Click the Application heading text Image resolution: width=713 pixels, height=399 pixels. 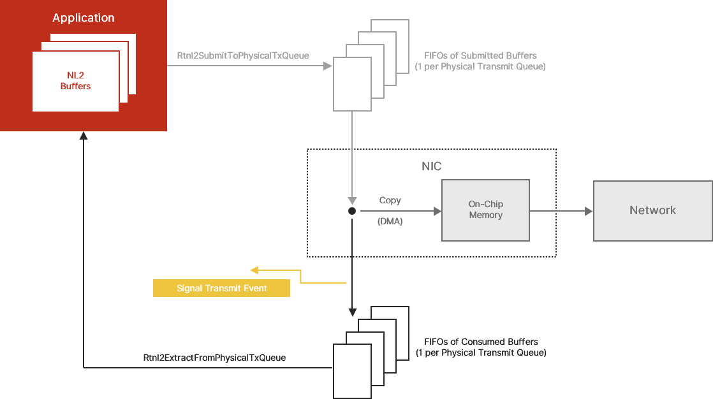84,18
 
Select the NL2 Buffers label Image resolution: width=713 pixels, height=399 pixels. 75,81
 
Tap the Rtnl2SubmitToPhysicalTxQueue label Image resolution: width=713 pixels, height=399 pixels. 243,55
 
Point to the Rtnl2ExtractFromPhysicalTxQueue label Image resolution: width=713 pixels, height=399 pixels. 214,358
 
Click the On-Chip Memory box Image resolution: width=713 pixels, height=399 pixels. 485,210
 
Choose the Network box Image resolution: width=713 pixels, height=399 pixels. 652,210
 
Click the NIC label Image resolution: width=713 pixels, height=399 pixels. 431,166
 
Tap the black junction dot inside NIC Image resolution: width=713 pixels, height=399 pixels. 351,211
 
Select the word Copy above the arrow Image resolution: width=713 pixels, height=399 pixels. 390,200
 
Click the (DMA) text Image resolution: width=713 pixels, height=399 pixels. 390,222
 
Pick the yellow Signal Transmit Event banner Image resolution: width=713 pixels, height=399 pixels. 221,288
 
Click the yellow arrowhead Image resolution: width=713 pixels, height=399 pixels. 254,270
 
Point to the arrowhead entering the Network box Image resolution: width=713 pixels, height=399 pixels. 589,211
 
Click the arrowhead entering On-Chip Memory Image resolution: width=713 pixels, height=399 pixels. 437,211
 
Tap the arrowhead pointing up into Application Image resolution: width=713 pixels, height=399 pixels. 83,136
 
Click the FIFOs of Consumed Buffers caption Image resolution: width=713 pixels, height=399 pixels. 481,347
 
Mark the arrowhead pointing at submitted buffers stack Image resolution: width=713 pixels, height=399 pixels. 328,66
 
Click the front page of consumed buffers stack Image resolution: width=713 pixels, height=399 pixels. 352,371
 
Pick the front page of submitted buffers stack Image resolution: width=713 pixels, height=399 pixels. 352,84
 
